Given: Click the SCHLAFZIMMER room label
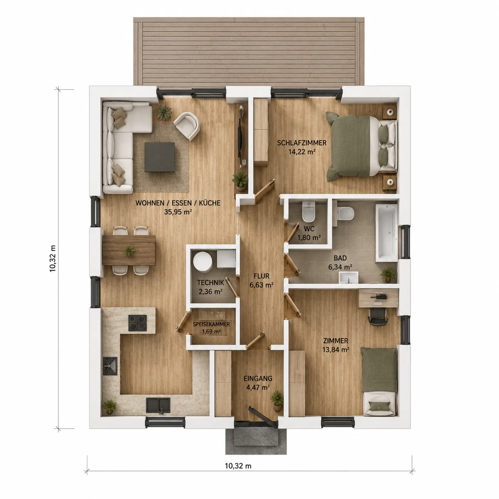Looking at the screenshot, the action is point(302,143).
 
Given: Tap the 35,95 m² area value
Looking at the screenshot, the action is point(178,212).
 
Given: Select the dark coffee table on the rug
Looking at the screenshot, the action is point(160,157).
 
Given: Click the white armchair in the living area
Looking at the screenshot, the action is point(187,126).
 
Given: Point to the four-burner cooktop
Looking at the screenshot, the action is point(138,323).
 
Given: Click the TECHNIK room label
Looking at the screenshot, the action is point(210,283).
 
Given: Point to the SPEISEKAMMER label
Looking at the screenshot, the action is point(211,324).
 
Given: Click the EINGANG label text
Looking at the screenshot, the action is point(258,378).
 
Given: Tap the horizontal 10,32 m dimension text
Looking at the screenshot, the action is point(238,466).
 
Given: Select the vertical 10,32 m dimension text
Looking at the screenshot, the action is point(52,258).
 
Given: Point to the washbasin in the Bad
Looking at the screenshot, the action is point(349,277).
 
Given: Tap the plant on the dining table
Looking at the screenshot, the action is point(129,251).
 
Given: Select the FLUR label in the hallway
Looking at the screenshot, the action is point(262,276).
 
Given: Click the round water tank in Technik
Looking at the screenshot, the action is point(202,262).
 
